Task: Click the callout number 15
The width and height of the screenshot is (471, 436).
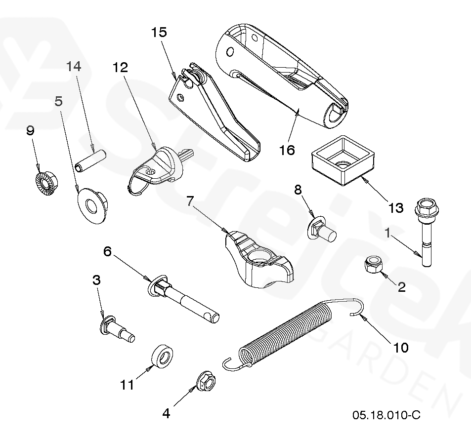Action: point(159,33)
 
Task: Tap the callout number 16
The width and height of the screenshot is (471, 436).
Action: point(287,150)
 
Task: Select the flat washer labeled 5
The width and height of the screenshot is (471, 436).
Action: point(92,204)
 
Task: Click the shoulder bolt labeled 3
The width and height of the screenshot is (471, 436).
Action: point(116,329)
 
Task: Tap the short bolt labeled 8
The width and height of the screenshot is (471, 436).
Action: point(322,229)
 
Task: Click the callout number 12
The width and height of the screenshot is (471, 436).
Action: point(121,68)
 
